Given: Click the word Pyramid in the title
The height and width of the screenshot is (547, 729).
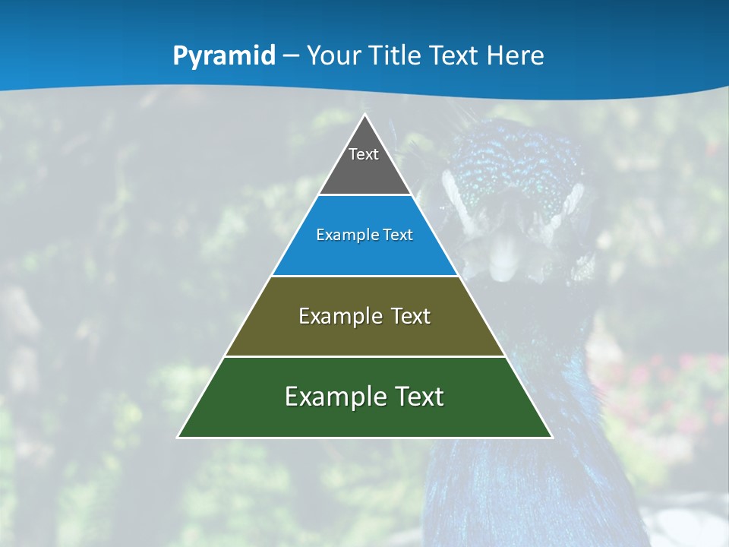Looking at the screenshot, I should [224, 56].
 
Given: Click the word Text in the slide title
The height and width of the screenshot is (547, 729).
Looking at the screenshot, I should [453, 56].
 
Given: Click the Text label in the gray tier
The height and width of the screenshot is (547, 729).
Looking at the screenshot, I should [364, 154].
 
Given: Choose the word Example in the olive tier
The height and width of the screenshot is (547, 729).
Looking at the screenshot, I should [339, 316].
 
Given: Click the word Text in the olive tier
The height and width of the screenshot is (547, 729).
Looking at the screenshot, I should [411, 316].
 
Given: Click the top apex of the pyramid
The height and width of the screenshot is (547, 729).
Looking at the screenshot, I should [365, 115].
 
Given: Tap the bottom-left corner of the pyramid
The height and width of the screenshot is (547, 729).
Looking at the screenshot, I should [178, 437].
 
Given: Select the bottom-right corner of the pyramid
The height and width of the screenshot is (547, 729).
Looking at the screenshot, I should [551, 437].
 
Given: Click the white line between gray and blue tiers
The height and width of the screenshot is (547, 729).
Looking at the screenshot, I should [365, 195].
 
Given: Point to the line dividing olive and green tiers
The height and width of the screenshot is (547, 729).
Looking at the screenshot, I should [365, 356].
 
